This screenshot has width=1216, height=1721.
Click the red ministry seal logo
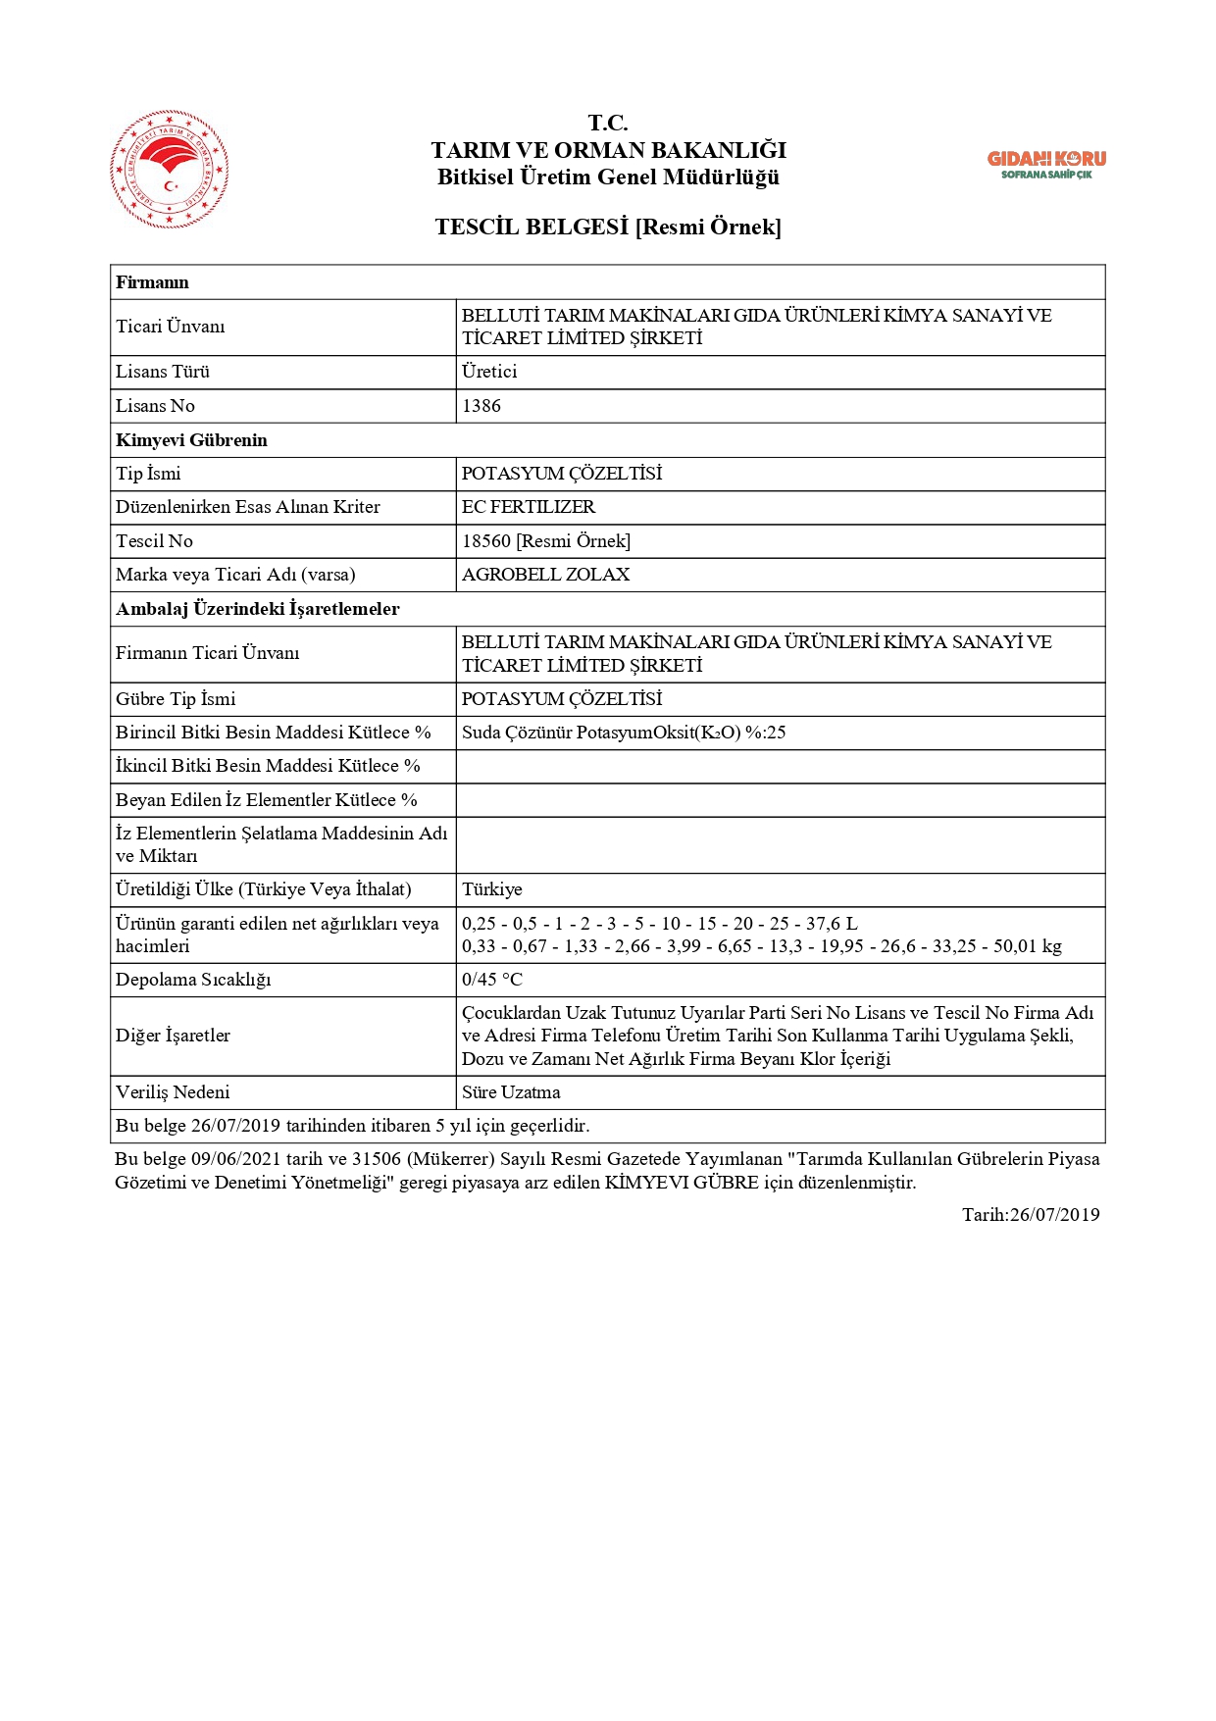click(170, 170)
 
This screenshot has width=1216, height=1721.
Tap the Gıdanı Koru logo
click(1046, 164)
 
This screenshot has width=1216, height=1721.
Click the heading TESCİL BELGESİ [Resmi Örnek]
click(608, 228)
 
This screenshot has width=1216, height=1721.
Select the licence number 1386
click(481, 406)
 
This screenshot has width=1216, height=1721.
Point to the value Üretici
click(489, 372)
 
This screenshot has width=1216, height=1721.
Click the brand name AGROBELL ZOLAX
click(546, 575)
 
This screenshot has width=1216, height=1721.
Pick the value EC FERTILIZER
click(529, 507)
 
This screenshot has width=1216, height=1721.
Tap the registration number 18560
click(486, 541)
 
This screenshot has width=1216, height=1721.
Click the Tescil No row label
click(155, 541)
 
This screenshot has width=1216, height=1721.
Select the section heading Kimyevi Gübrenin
click(191, 440)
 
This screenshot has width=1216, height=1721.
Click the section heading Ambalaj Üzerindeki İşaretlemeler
click(258, 609)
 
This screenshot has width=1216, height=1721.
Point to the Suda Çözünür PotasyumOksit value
click(624, 733)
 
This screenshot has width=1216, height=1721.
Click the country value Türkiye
click(492, 889)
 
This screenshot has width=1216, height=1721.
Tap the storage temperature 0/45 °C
click(492, 980)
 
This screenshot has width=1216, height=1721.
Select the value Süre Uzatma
click(511, 1092)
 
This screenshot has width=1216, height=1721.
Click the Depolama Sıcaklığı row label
click(193, 980)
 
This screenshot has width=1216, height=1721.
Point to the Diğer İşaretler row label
click(173, 1036)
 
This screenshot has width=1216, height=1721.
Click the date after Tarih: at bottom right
click(1054, 1215)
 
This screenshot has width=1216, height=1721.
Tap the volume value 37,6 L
click(832, 924)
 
